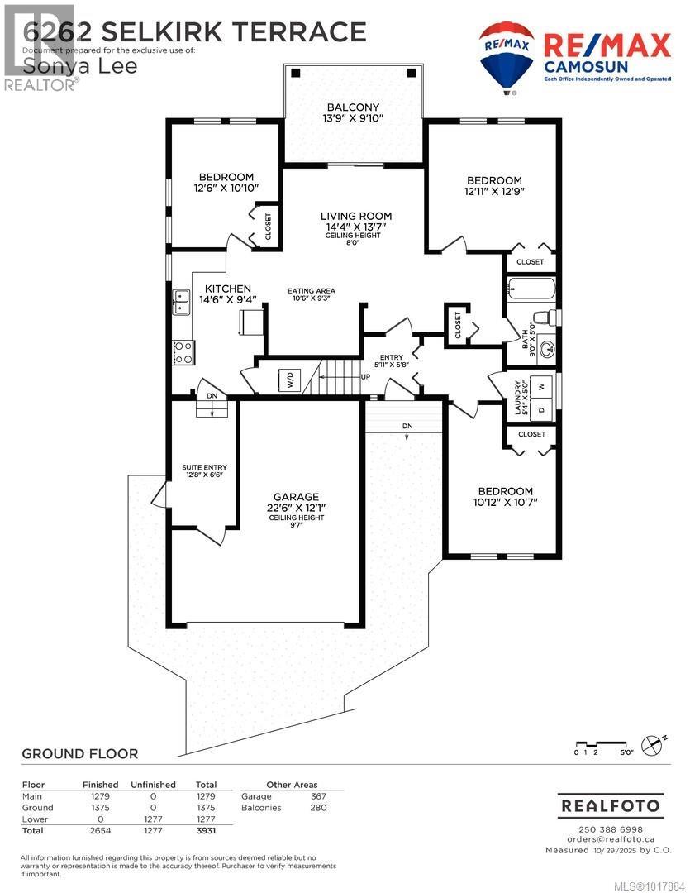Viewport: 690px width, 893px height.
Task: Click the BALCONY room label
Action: [353, 107]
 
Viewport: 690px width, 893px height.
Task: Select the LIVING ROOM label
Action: [355, 217]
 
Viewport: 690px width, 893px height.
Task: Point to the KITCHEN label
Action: [222, 289]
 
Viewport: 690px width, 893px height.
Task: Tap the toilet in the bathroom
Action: [545, 318]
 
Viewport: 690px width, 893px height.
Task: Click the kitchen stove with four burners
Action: [183, 353]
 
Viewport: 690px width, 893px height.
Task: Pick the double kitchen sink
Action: [182, 301]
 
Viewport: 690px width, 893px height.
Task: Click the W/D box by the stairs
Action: [290, 381]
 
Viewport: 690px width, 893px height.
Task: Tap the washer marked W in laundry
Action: [540, 386]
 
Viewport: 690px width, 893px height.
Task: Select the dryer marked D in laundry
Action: [540, 408]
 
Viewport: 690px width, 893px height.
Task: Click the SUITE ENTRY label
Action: [204, 469]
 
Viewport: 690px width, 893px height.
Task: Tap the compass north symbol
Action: [653, 744]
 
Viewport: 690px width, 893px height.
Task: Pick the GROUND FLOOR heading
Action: [79, 753]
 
